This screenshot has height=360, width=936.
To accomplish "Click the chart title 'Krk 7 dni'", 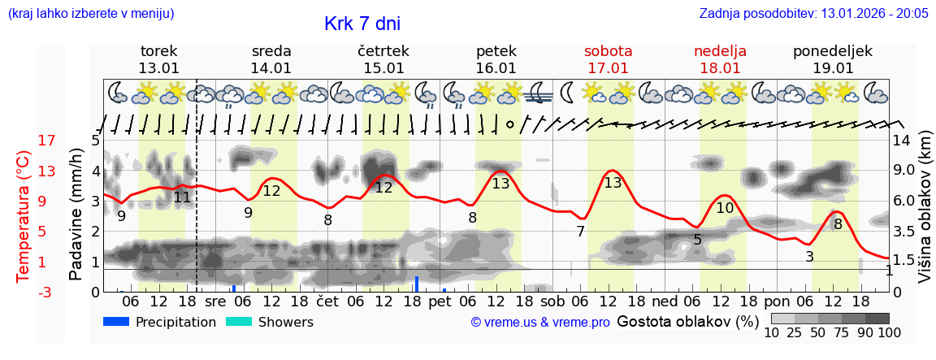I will pyautogui.click(x=362, y=24).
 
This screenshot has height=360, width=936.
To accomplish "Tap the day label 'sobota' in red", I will pyautogui.click(x=608, y=51).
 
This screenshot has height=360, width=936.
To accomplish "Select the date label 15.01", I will pyautogui.click(x=383, y=68).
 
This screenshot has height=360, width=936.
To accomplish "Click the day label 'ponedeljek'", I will pyautogui.click(x=833, y=51).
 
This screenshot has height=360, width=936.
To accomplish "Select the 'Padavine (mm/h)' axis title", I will pyautogui.click(x=76, y=215).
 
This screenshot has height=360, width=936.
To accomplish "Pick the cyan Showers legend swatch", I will pyautogui.click(x=240, y=322).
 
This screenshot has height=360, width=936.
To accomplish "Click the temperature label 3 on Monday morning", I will pyautogui.click(x=809, y=257).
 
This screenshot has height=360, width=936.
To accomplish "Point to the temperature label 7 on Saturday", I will pyautogui.click(x=580, y=232).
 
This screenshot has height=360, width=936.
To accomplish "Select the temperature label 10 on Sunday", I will pyautogui.click(x=725, y=208).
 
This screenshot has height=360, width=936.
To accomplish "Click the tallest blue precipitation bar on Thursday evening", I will pyautogui.click(x=417, y=284).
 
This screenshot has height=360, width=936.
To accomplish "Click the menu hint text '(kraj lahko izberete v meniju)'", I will pyautogui.click(x=91, y=14).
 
